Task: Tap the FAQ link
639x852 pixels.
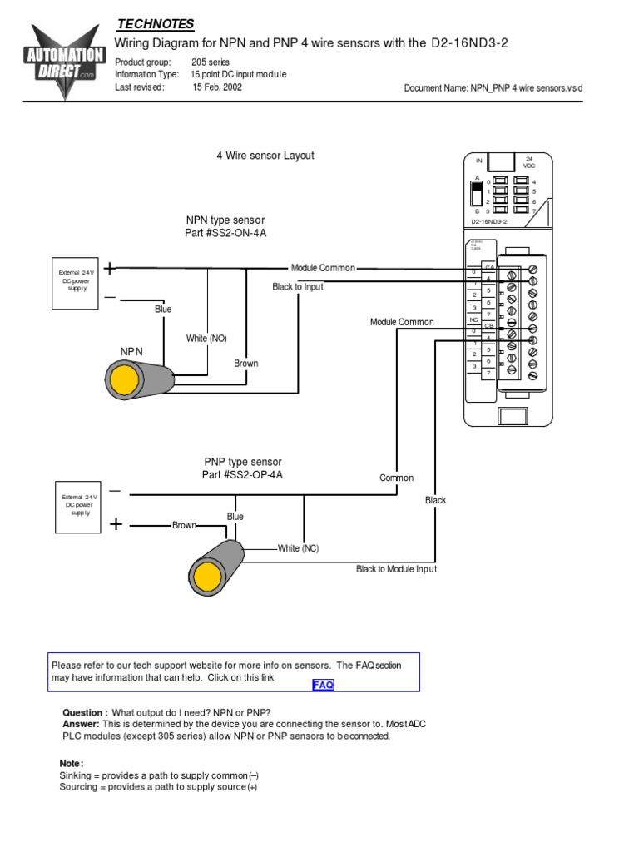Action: (323, 685)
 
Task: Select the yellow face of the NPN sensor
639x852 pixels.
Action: (126, 380)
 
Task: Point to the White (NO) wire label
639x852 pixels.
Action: (206, 339)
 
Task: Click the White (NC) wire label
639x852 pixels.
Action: (298, 548)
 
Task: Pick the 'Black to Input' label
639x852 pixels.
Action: (298, 287)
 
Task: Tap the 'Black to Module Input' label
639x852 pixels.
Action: (396, 569)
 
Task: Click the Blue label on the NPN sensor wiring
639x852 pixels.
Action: (163, 310)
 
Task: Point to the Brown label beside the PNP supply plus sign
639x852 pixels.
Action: (184, 526)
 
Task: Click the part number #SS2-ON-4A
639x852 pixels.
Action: (225, 234)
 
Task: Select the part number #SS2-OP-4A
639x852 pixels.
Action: (243, 475)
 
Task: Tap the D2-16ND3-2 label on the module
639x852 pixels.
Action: (489, 222)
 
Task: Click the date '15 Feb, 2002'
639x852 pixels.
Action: (217, 87)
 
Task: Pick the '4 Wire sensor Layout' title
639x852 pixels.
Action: (265, 156)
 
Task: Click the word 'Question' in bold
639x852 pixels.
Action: (85, 713)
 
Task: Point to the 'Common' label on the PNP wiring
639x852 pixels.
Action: (396, 478)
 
